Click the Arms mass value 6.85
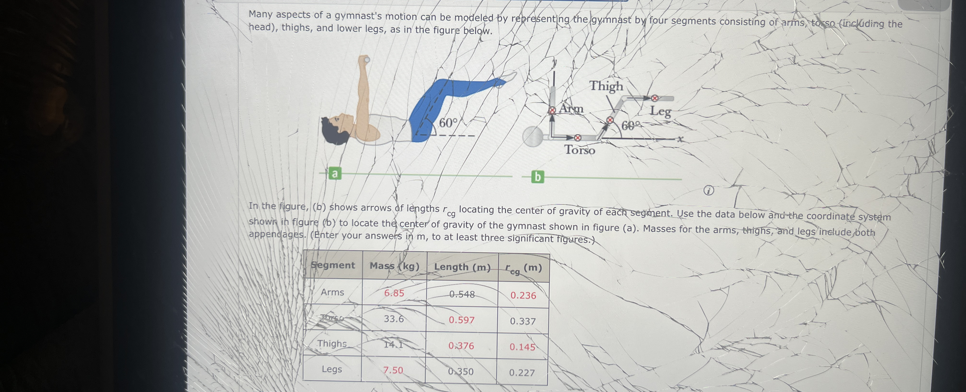click(394, 293)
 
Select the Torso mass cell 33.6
click(394, 319)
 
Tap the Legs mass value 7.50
click(393, 370)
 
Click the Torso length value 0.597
click(462, 320)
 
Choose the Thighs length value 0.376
click(461, 345)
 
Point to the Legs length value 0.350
click(461, 371)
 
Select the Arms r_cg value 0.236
click(523, 295)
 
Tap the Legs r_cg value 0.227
click(522, 373)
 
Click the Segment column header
click(333, 265)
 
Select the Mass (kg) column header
click(395, 266)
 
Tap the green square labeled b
click(537, 177)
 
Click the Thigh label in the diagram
click(606, 86)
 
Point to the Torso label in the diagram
click(580, 150)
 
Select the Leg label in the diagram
click(660, 111)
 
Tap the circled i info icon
click(708, 191)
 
